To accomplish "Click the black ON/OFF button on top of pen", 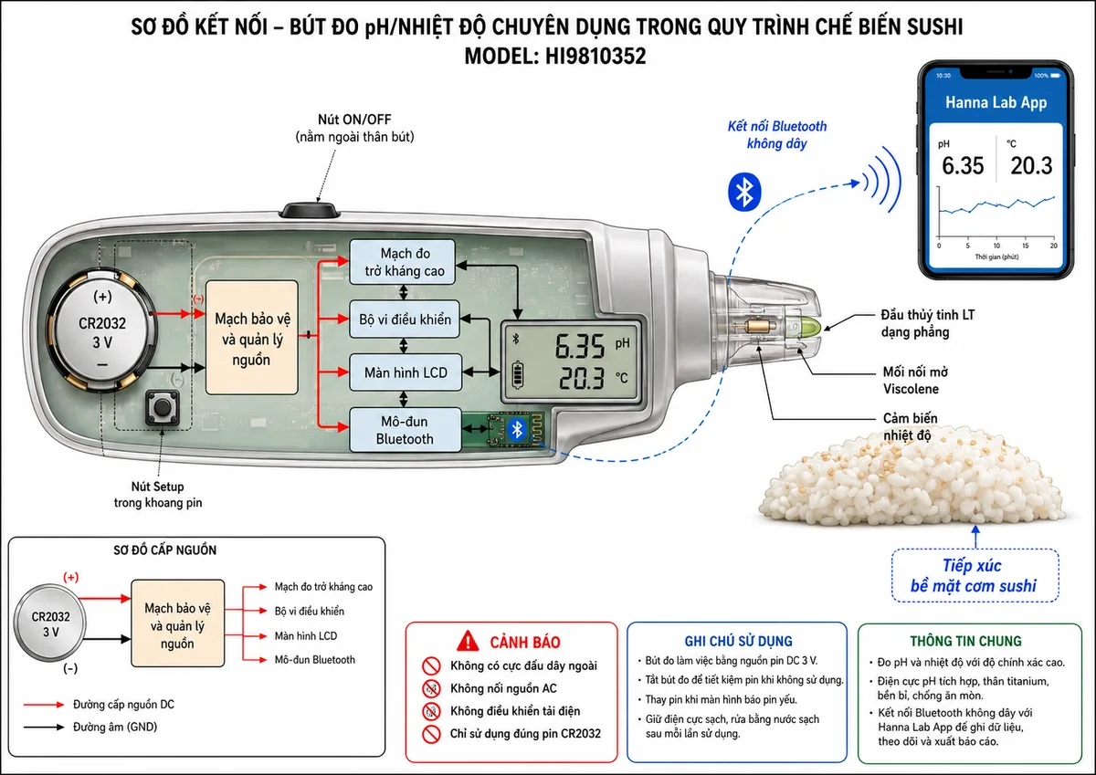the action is (x=310, y=210).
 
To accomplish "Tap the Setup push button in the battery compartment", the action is (x=163, y=408).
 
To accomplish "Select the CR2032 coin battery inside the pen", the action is (x=102, y=331).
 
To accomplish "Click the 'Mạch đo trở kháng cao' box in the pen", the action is (x=402, y=262).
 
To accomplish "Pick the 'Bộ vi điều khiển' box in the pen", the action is (x=404, y=319).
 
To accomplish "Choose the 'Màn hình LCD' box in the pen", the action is (x=406, y=372).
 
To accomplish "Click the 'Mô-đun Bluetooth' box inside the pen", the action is (x=406, y=430).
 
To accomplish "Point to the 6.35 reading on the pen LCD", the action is (x=580, y=347).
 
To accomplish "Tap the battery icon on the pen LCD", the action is (x=517, y=375).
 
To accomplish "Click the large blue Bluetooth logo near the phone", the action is (x=744, y=192).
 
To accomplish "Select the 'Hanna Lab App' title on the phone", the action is (x=996, y=102).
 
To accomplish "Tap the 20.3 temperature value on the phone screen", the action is (x=1031, y=166).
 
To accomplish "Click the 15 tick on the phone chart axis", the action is (x=1025, y=246).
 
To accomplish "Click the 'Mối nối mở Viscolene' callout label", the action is (x=915, y=381).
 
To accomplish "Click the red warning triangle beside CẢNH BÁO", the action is (x=468, y=641).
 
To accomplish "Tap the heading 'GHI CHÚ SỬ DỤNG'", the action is (x=738, y=641).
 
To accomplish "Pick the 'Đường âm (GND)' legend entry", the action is (x=115, y=728).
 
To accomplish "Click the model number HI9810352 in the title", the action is (x=595, y=57).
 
